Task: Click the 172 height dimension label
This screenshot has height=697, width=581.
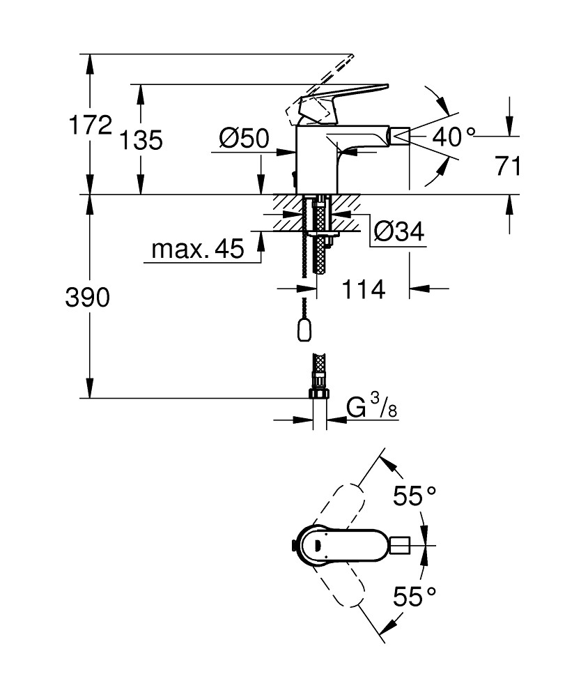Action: pyautogui.click(x=90, y=125)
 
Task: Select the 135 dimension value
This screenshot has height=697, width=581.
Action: pyautogui.click(x=141, y=140)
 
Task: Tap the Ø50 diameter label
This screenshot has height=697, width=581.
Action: pyautogui.click(x=243, y=139)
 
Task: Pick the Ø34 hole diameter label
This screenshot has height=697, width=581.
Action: pyautogui.click(x=398, y=231)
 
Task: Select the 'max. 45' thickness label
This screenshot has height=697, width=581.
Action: pyautogui.click(x=198, y=250)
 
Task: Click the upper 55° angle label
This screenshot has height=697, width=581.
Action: pyautogui.click(x=415, y=496)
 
